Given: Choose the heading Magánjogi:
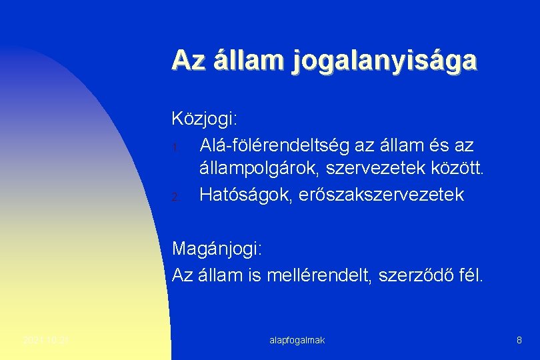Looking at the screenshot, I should pos(217,249).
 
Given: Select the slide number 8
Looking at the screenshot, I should pos(519,341).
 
